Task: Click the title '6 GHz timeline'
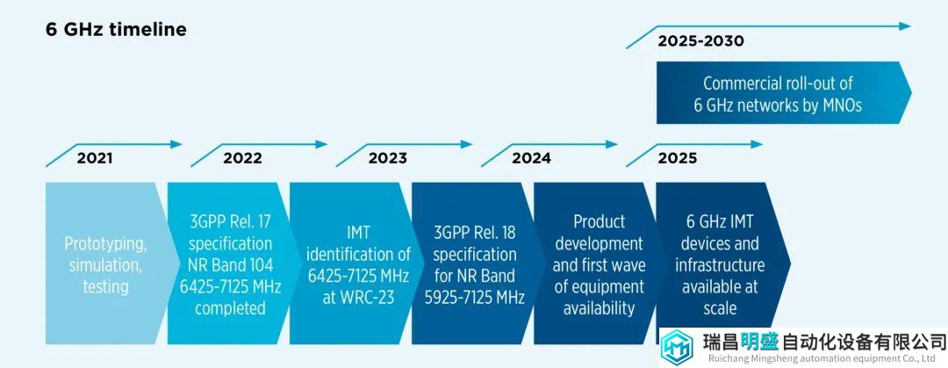point(116,30)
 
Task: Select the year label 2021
point(94,159)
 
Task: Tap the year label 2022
point(242,159)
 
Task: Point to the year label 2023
point(388,159)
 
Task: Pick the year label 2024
point(531,159)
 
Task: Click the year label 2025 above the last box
point(677,159)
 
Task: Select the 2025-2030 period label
point(700,41)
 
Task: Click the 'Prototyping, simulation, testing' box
point(105,263)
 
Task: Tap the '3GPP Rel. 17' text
point(230,221)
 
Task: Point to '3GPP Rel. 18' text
point(475,233)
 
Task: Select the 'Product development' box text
point(599,233)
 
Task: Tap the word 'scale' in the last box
point(720,308)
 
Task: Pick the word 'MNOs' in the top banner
point(840,105)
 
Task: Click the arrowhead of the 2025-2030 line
point(904,26)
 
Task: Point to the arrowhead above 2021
point(176,144)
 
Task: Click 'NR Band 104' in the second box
point(230,265)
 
